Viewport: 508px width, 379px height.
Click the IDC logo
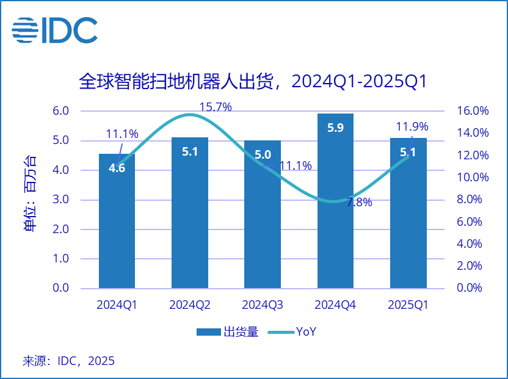pos(54,30)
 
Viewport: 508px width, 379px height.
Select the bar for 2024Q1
pos(117,232)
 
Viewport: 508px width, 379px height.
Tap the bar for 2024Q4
pos(335,232)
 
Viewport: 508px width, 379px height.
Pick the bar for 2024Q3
pos(263,232)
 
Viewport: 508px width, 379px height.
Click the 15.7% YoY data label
pos(216,107)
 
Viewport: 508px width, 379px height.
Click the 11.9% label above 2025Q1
pos(412,128)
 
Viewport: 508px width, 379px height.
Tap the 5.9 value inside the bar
pos(335,128)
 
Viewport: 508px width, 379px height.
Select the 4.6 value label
pos(117,168)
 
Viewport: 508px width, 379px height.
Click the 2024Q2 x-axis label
pos(190,305)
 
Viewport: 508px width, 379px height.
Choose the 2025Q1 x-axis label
pos(408,305)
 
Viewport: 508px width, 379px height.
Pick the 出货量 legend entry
pos(227,332)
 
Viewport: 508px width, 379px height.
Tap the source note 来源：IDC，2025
pos(68,361)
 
